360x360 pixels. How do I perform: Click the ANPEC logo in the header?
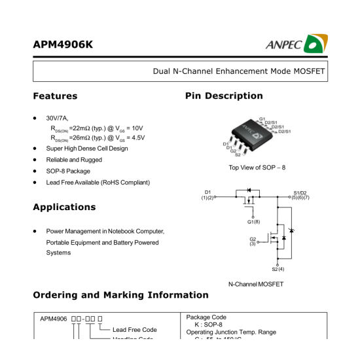[296, 44]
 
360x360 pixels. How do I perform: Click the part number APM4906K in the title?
[63, 45]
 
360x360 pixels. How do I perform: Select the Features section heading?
[55, 96]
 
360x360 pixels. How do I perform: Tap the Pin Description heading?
[224, 96]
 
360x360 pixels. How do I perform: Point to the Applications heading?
[64, 207]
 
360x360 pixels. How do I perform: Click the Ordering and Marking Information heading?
[120, 295]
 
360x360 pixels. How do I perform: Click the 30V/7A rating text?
[57, 118]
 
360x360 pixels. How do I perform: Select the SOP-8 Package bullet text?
[68, 171]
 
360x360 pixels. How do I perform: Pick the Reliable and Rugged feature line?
[74, 160]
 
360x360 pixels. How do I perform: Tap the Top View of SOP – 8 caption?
[257, 168]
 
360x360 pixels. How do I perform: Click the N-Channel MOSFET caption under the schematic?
[256, 284]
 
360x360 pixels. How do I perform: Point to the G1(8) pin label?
[253, 222]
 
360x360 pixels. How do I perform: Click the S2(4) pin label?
[278, 269]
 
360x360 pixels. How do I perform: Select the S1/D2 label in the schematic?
[300, 193]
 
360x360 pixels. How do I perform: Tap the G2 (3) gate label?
[252, 242]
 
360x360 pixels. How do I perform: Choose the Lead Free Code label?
[135, 329]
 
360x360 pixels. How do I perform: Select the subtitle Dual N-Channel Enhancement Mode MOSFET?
[239, 71]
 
